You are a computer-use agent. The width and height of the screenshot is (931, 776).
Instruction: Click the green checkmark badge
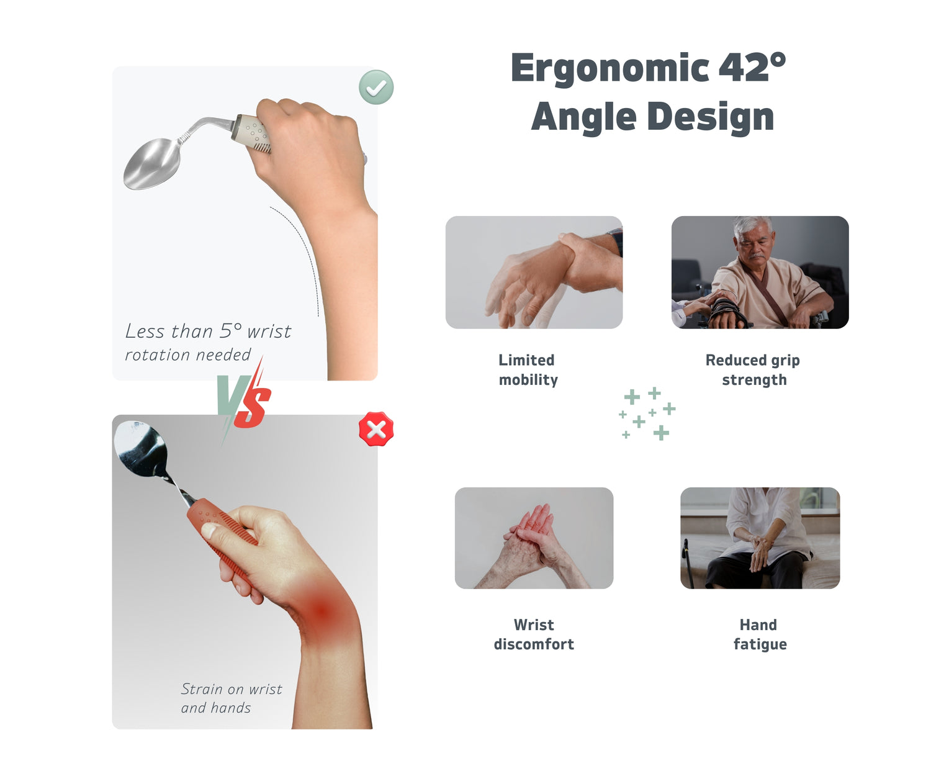[376, 87]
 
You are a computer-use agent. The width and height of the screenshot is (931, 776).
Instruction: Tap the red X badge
[376, 429]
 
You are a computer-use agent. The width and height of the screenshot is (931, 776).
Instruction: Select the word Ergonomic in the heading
[609, 69]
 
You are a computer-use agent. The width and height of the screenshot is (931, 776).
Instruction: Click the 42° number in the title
[752, 67]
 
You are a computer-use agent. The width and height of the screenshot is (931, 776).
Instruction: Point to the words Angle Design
[652, 117]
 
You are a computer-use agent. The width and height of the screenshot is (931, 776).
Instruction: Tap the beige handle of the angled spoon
[251, 132]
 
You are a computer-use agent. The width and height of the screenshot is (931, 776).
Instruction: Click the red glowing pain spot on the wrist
[322, 611]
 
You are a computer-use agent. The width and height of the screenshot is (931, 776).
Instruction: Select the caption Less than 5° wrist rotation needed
[208, 342]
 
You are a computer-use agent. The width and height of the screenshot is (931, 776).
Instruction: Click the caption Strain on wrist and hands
[231, 698]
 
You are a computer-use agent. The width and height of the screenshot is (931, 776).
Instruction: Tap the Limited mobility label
[528, 370]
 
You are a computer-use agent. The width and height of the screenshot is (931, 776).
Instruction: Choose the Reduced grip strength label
[753, 370]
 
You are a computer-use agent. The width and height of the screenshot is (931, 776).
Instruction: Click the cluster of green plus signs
[647, 413]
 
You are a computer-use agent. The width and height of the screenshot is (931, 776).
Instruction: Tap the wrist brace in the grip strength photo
[726, 312]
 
